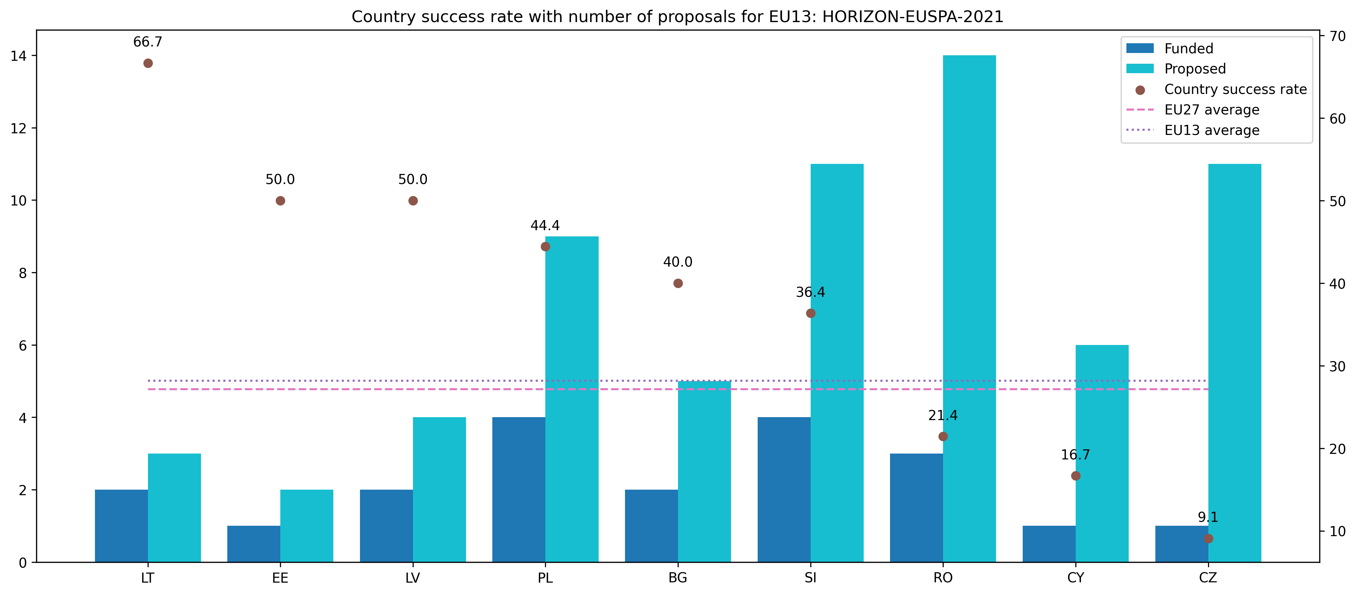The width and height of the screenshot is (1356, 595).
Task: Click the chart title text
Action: [677, 17]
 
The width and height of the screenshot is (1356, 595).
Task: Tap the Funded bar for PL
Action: [519, 490]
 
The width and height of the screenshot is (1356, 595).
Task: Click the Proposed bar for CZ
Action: [1234, 363]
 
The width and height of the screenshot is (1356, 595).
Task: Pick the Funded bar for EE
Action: [254, 544]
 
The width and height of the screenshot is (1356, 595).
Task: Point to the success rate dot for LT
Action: [148, 63]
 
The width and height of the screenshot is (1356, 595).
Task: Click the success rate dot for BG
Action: [678, 283]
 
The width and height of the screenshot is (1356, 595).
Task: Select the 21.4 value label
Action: [943, 416]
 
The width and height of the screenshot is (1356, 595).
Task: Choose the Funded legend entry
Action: [1188, 48]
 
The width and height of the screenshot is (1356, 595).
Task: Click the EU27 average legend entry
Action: [1211, 110]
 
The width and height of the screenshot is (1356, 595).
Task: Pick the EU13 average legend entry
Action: [1211, 131]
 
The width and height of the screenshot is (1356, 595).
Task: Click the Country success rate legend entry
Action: [1235, 89]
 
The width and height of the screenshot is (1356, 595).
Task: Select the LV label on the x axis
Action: [413, 578]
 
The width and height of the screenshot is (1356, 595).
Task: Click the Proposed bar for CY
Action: [1102, 453]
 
